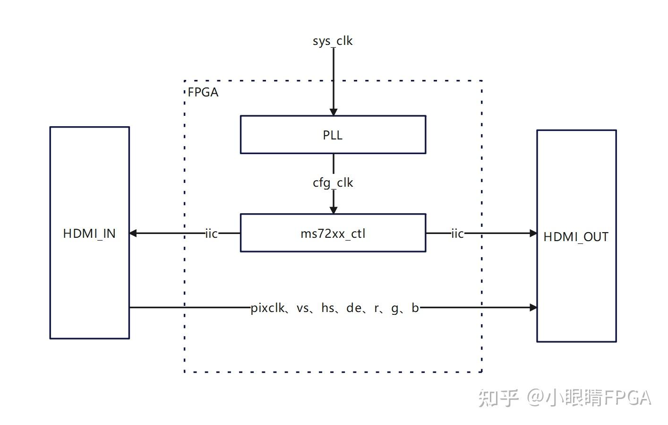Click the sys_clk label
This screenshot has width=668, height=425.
pyautogui.click(x=333, y=41)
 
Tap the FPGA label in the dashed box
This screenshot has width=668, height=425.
pyautogui.click(x=203, y=92)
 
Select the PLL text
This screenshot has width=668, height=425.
pyautogui.click(x=333, y=135)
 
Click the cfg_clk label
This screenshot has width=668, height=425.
pyautogui.click(x=333, y=183)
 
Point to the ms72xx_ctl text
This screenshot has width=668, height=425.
pyautogui.click(x=333, y=234)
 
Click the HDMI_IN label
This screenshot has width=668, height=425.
pyautogui.click(x=89, y=234)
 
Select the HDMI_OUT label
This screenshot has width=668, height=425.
pyautogui.click(x=576, y=237)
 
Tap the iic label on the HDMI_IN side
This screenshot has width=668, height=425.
pyautogui.click(x=211, y=234)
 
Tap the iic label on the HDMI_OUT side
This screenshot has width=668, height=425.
pyautogui.click(x=457, y=234)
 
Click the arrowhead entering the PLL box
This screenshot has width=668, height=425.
pyautogui.click(x=333, y=112)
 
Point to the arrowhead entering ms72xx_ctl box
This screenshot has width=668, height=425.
pyautogui.click(x=333, y=210)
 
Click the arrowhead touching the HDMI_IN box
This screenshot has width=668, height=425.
pyautogui.click(x=134, y=233)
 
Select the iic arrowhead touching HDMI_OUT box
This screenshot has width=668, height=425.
pyautogui.click(x=533, y=233)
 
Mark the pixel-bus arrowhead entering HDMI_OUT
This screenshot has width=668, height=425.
pyautogui.click(x=533, y=307)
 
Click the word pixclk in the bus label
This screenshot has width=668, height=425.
pyautogui.click(x=267, y=308)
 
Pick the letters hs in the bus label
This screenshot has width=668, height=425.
pyautogui.click(x=328, y=308)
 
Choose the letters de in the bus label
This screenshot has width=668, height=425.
pyautogui.click(x=353, y=308)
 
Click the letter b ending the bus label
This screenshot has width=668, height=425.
pyautogui.click(x=415, y=308)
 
